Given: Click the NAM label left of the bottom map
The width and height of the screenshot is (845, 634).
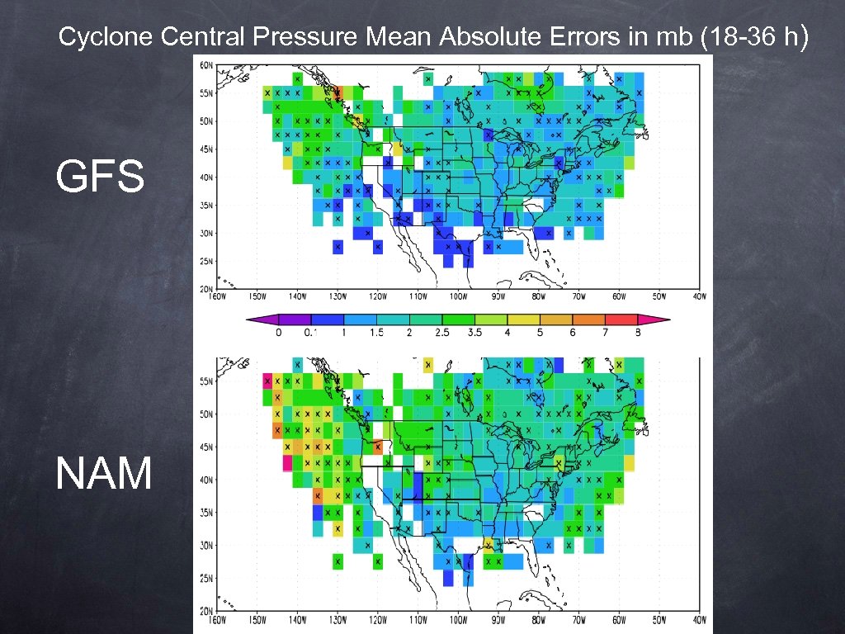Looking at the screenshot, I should pos(104,475).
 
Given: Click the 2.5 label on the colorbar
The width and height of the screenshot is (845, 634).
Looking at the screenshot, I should pos(441,333).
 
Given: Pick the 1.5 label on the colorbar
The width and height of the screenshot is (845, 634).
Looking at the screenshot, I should pos(376,333).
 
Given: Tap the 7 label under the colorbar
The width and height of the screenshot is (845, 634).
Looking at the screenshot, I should pos(605,333).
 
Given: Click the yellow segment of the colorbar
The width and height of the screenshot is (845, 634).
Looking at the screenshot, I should pos(522,319).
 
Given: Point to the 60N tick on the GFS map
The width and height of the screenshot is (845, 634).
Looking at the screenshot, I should pos(205,64).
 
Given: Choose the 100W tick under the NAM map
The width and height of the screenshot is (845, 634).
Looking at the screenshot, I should pos(458,619).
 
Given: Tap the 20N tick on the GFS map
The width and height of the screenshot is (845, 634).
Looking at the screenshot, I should pos(205,288).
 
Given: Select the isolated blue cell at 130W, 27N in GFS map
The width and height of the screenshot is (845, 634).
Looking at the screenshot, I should pos(338,247).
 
